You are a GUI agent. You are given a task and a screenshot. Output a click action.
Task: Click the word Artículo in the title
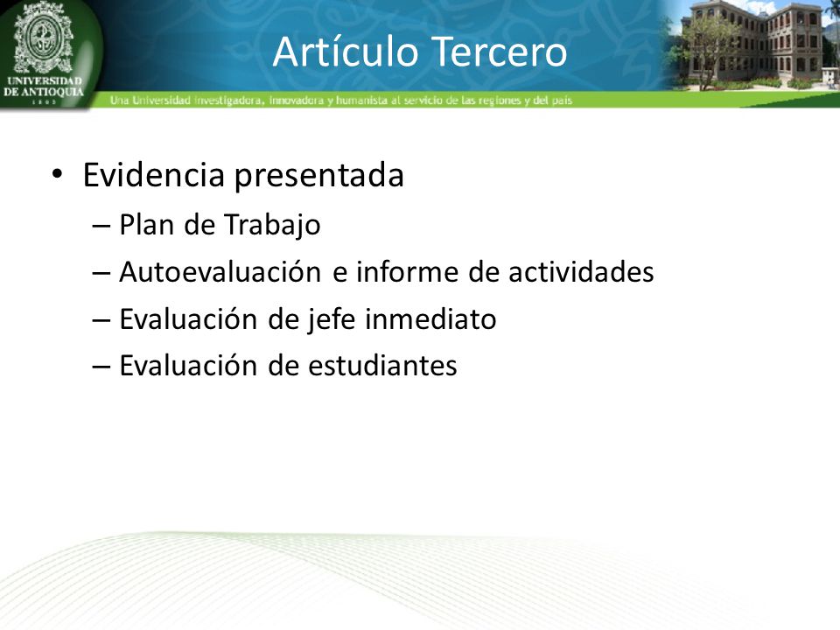[x=345, y=52]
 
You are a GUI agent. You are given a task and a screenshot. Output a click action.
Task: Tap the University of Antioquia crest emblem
[x=43, y=38]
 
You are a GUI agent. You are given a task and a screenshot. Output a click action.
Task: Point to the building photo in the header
[x=752, y=45]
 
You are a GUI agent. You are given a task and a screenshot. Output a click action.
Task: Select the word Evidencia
[x=153, y=175]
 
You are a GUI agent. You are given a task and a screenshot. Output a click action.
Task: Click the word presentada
[x=319, y=176]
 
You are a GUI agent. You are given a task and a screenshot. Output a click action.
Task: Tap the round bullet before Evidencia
[x=58, y=173]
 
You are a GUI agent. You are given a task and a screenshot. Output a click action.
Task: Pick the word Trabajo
[x=271, y=225]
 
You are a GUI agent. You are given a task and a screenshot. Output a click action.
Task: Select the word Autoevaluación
[x=220, y=271]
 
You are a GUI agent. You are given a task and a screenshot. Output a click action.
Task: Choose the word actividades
[x=581, y=271]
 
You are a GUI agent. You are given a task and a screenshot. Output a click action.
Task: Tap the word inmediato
[x=430, y=318]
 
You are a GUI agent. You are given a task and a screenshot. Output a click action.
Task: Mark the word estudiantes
[x=382, y=366]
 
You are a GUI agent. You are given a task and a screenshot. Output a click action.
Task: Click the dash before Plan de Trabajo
[x=101, y=226]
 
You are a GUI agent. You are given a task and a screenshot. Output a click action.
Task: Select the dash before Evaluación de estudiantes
[x=101, y=367]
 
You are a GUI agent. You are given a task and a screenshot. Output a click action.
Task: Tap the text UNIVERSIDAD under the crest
[x=45, y=80]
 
